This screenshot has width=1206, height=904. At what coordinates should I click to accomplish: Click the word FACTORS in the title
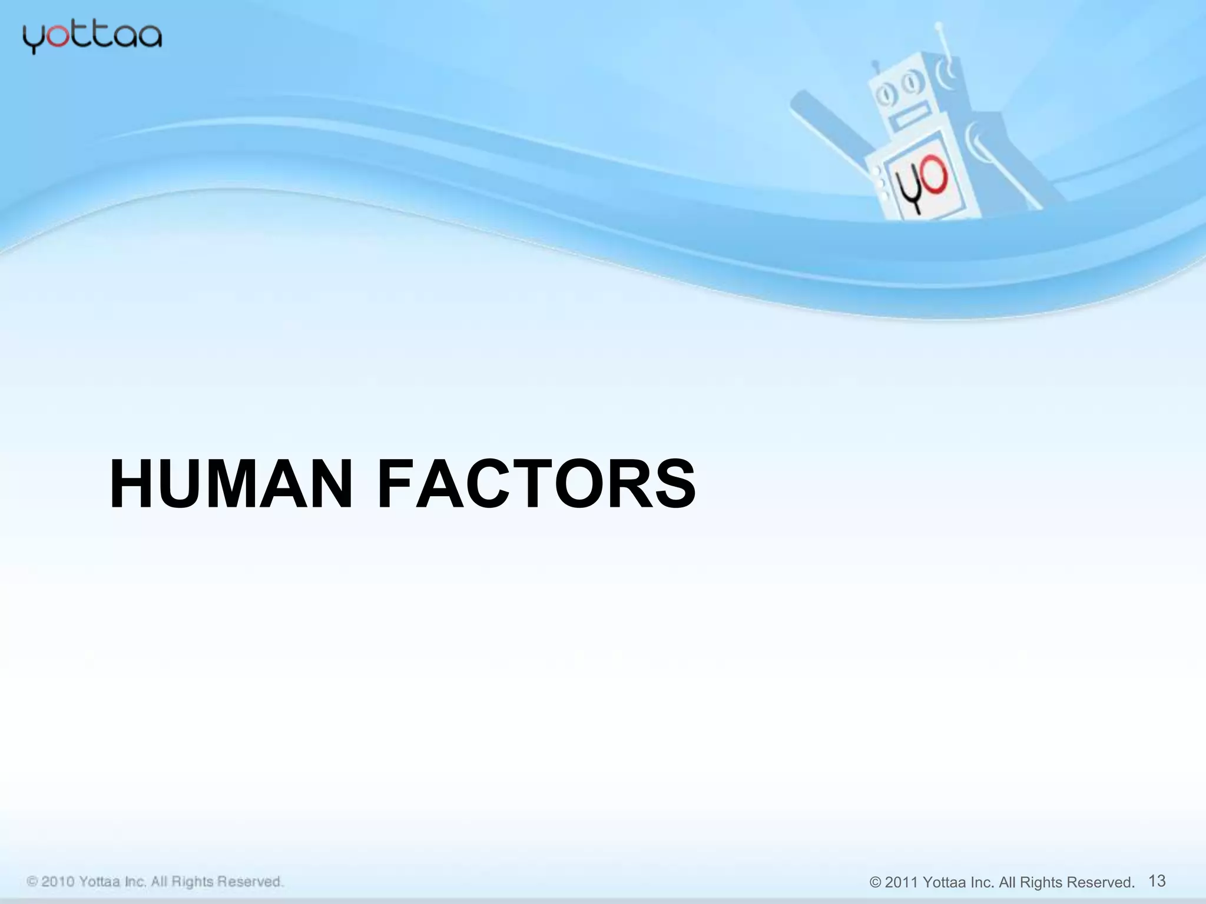[536, 484]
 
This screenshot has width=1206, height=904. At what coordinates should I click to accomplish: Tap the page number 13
[1157, 880]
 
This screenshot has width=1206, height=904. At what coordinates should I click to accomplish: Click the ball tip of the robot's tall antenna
[939, 26]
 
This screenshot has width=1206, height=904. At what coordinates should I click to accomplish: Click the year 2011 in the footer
[901, 883]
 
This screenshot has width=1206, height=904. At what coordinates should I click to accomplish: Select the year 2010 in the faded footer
[58, 882]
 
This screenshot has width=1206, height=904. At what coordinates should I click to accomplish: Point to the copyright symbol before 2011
[876, 883]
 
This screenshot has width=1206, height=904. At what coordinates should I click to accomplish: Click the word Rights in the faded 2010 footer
[192, 882]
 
